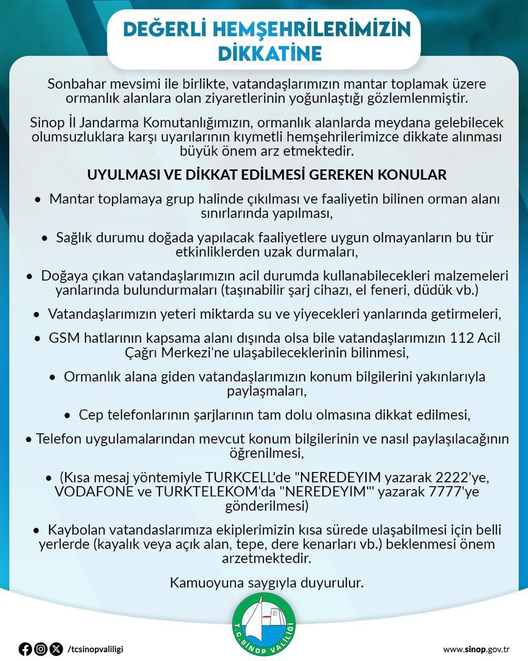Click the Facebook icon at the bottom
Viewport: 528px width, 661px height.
pos(25,649)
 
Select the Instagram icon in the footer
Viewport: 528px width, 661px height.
pos(41,649)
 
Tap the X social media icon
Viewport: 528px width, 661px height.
pos(56,649)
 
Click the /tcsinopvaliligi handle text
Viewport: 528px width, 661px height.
pos(95,649)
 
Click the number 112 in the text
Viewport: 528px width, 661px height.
pos(461,338)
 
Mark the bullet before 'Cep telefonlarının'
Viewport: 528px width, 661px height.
pos(68,415)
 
